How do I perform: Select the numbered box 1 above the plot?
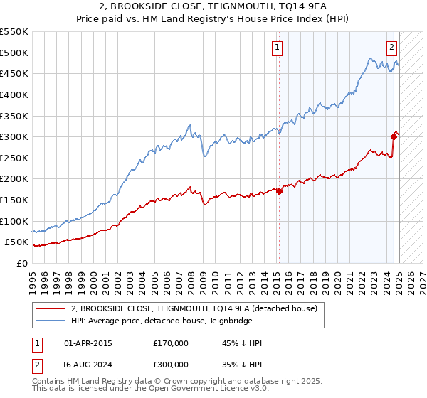(277, 48)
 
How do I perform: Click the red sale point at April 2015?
(280, 190)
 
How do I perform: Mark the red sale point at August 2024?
(394, 136)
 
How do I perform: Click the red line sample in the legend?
(51, 308)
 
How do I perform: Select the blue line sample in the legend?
(51, 321)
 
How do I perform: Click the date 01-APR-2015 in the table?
(88, 343)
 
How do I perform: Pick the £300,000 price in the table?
(171, 366)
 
